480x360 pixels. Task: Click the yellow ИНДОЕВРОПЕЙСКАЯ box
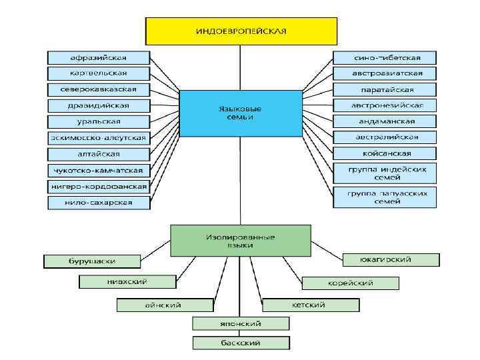click(241, 31)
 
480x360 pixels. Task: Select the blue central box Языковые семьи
click(240, 112)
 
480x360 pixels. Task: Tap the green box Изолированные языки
click(241, 241)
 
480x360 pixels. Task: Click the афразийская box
click(98, 57)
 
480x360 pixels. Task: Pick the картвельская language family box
click(98, 73)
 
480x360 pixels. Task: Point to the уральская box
click(98, 121)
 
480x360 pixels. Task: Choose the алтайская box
click(98, 154)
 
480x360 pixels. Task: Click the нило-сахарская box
click(98, 203)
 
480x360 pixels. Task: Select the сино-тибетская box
click(385, 57)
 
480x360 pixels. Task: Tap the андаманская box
click(385, 121)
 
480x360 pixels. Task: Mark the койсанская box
click(385, 153)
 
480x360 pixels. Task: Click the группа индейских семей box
click(385, 173)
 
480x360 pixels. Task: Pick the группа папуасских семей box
click(385, 197)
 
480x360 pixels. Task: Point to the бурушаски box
click(93, 261)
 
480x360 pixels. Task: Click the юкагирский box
click(391, 259)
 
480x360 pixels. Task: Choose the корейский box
click(351, 283)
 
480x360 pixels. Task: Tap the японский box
click(241, 323)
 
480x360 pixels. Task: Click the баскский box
click(241, 343)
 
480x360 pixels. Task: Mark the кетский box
click(309, 305)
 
